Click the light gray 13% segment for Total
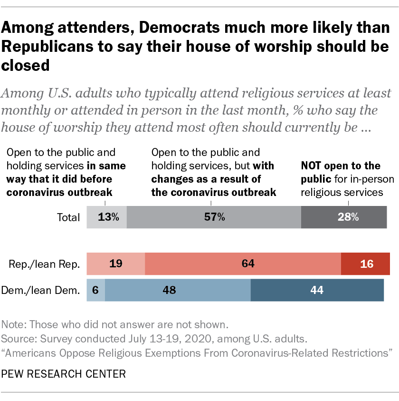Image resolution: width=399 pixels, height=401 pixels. click(x=107, y=217)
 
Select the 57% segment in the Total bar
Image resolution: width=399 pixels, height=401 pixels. click(x=214, y=217)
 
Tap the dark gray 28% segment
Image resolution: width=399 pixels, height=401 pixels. click(x=344, y=217)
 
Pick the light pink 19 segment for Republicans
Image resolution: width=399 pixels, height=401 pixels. click(x=115, y=264)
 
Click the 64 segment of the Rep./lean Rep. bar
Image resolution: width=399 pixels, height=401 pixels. click(x=243, y=264)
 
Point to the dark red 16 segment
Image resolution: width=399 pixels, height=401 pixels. click(x=365, y=264)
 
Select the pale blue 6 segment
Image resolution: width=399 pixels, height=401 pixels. click(x=95, y=290)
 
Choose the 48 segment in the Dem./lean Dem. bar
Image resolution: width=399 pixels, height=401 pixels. click(x=178, y=290)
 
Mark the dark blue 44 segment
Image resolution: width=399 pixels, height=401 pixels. click(x=317, y=290)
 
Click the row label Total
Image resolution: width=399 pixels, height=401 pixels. click(x=68, y=217)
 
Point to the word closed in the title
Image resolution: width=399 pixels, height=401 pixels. click(x=26, y=65)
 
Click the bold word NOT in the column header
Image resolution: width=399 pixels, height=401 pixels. click(x=311, y=166)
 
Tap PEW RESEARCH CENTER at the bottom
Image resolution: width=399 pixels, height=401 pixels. click(x=64, y=374)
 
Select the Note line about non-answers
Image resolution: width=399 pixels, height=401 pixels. click(x=115, y=325)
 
